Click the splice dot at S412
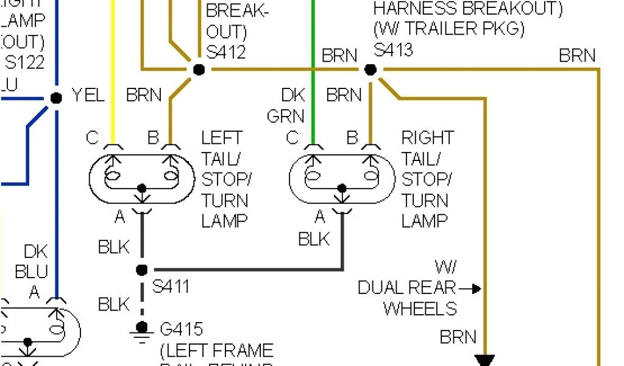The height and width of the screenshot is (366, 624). tap(199, 70)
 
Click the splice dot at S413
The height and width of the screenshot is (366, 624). tap(370, 70)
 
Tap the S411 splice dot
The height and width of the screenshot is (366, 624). tap(142, 270)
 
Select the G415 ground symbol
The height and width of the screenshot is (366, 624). tap(142, 329)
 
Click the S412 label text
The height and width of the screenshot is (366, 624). tap(226, 52)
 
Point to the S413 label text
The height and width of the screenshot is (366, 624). tap(393, 49)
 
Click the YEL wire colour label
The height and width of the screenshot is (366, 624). tap(88, 95)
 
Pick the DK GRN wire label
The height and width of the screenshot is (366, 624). tap(285, 105)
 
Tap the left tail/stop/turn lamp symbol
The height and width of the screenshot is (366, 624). tap(142, 176)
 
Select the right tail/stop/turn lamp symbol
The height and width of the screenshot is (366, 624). tap(342, 176)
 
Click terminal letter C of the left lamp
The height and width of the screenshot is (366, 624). tap(92, 138)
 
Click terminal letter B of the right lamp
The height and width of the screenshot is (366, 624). tap(352, 138)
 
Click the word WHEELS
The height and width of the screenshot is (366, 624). tap(420, 309)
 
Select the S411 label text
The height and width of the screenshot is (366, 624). tap(170, 286)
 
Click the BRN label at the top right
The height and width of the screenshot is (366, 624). tap(576, 56)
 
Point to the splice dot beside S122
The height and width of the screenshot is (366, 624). tap(56, 98)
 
